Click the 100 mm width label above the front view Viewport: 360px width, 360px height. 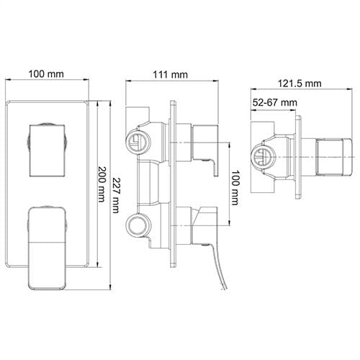[x=46, y=73]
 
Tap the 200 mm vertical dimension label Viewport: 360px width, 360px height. [x=102, y=184]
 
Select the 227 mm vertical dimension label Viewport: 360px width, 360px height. [x=116, y=195]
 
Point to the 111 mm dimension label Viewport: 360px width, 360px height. [x=171, y=75]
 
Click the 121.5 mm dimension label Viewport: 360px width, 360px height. [x=300, y=84]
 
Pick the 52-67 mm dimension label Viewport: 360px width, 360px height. [x=275, y=103]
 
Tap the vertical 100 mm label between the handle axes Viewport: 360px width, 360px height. [x=235, y=188]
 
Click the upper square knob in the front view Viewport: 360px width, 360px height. [x=48, y=150]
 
